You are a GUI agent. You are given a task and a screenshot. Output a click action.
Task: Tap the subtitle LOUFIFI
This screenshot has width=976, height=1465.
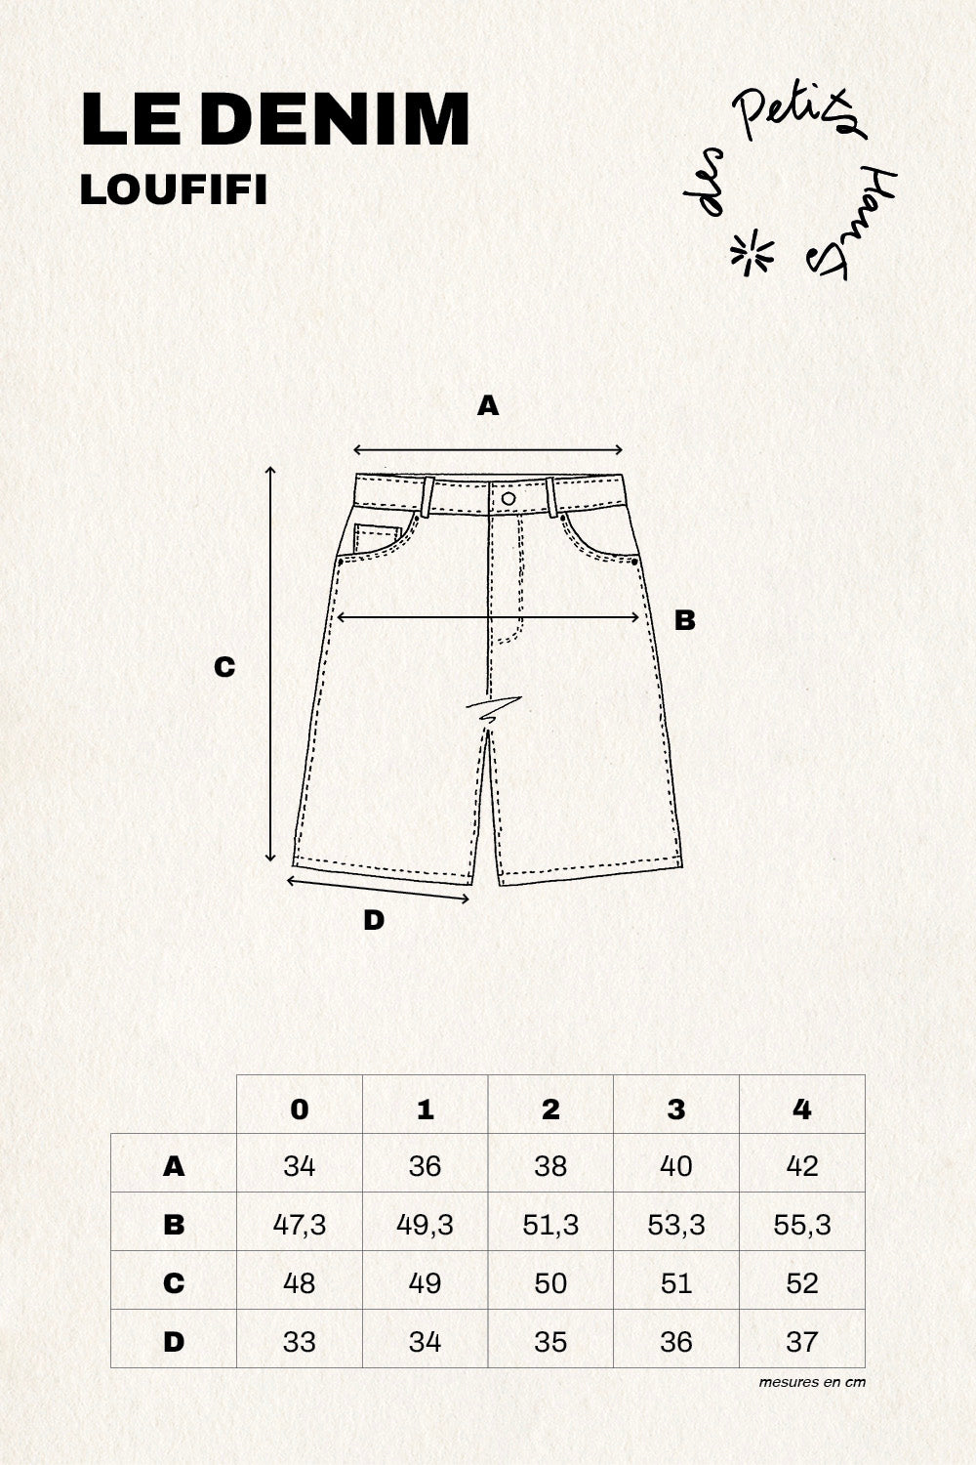coord(174,190)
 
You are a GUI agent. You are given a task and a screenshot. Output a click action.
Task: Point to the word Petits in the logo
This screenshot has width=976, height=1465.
coord(798,114)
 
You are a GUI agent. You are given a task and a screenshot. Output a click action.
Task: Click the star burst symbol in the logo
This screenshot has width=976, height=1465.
coord(752,252)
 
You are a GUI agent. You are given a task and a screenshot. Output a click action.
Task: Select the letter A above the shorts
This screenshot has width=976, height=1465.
coord(488,406)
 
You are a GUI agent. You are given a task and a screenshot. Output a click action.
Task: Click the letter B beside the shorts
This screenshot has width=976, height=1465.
coord(684,620)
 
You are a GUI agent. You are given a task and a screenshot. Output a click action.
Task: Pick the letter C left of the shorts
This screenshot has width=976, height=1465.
coord(224,667)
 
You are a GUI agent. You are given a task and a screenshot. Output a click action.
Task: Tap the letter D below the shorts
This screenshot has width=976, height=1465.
coord(373,920)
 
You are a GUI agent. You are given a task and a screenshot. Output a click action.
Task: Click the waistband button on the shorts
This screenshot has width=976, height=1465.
coord(508,498)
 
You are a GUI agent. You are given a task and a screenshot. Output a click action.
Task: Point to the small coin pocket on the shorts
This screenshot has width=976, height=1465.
coord(377,538)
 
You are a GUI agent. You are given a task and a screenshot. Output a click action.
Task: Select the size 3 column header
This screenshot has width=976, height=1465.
coord(676,1109)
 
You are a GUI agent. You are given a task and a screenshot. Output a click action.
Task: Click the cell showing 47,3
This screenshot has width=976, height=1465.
coord(300,1225)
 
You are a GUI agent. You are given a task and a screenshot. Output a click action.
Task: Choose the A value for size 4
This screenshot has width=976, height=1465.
coord(802,1166)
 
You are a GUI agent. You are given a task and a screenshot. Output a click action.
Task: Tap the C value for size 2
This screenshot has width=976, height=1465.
coord(550,1283)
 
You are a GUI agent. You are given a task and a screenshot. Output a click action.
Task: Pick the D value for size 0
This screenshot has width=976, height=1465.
coord(300,1342)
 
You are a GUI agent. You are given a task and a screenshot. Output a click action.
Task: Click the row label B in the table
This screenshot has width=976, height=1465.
coord(173,1225)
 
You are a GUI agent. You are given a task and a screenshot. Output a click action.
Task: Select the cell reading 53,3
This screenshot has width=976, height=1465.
coord(676,1225)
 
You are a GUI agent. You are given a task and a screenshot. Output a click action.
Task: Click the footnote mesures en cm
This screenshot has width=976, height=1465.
coord(812,1382)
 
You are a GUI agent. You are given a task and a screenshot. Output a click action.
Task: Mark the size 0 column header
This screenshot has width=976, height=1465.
coord(300,1109)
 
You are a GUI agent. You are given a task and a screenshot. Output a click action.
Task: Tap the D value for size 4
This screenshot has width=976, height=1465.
coord(802,1342)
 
